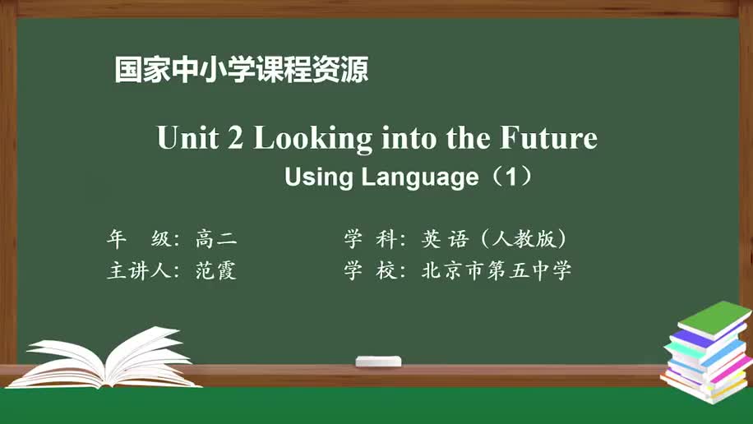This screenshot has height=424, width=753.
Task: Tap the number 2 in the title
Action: coord(235,138)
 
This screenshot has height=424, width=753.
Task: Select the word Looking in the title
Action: coord(312,139)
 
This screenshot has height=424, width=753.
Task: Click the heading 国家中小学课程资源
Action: coord(242,69)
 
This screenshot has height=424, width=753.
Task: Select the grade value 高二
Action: coord(216,239)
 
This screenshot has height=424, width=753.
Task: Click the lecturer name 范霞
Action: coord(216,271)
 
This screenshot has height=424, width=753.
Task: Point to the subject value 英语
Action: coord(444,239)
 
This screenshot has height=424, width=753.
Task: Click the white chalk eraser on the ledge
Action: coord(378,362)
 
